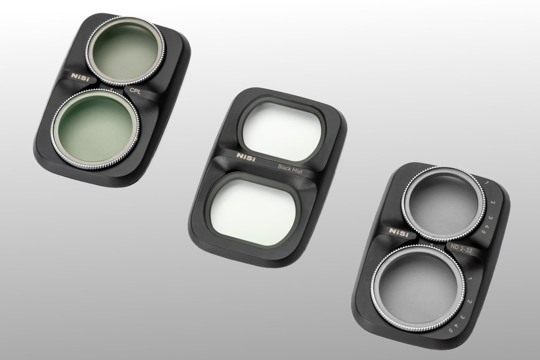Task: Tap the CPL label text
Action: click(135, 91)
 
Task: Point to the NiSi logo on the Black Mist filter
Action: click(246, 157)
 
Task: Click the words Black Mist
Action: click(290, 169)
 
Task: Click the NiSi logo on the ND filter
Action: click(399, 233)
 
